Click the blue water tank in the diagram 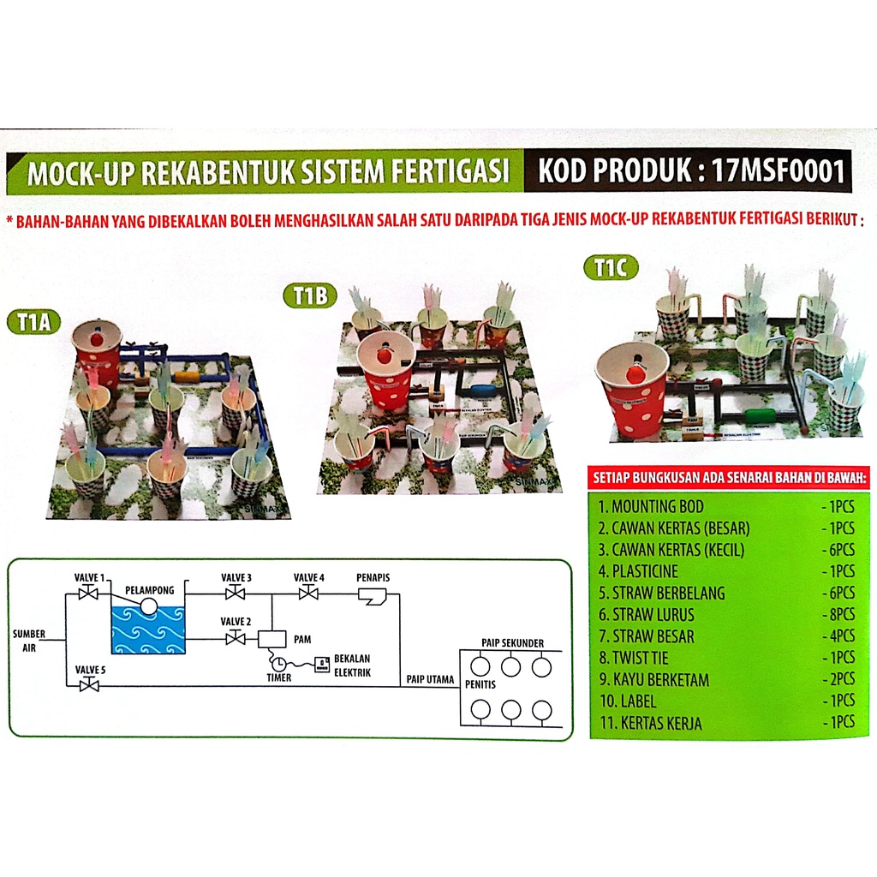pyautogui.click(x=148, y=629)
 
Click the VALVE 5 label pyautogui.click(x=89, y=669)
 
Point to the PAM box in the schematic pyautogui.click(x=271, y=639)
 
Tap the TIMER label pyautogui.click(x=278, y=677)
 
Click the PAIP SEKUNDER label pyautogui.click(x=512, y=643)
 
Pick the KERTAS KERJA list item pyautogui.click(x=650, y=724)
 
